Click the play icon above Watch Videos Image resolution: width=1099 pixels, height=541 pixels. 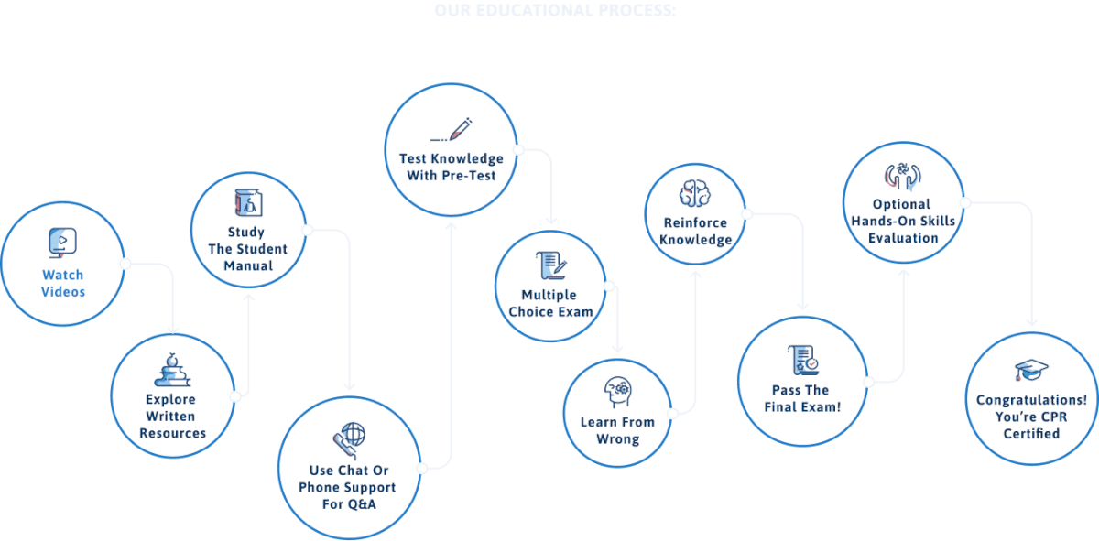tap(61, 242)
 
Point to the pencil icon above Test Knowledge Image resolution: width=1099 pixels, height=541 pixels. tap(451, 129)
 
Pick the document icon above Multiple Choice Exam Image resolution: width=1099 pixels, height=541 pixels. tap(550, 265)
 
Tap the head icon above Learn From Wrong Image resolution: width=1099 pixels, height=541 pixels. tap(617, 392)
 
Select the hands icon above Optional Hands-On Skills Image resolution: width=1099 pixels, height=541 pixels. tap(902, 175)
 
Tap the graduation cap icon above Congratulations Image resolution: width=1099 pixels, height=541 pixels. tap(1031, 370)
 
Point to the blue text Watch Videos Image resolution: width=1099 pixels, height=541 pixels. tap(63, 283)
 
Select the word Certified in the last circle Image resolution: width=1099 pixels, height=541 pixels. tap(1031, 433)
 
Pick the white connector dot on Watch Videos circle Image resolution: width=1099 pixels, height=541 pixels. tap(126, 264)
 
